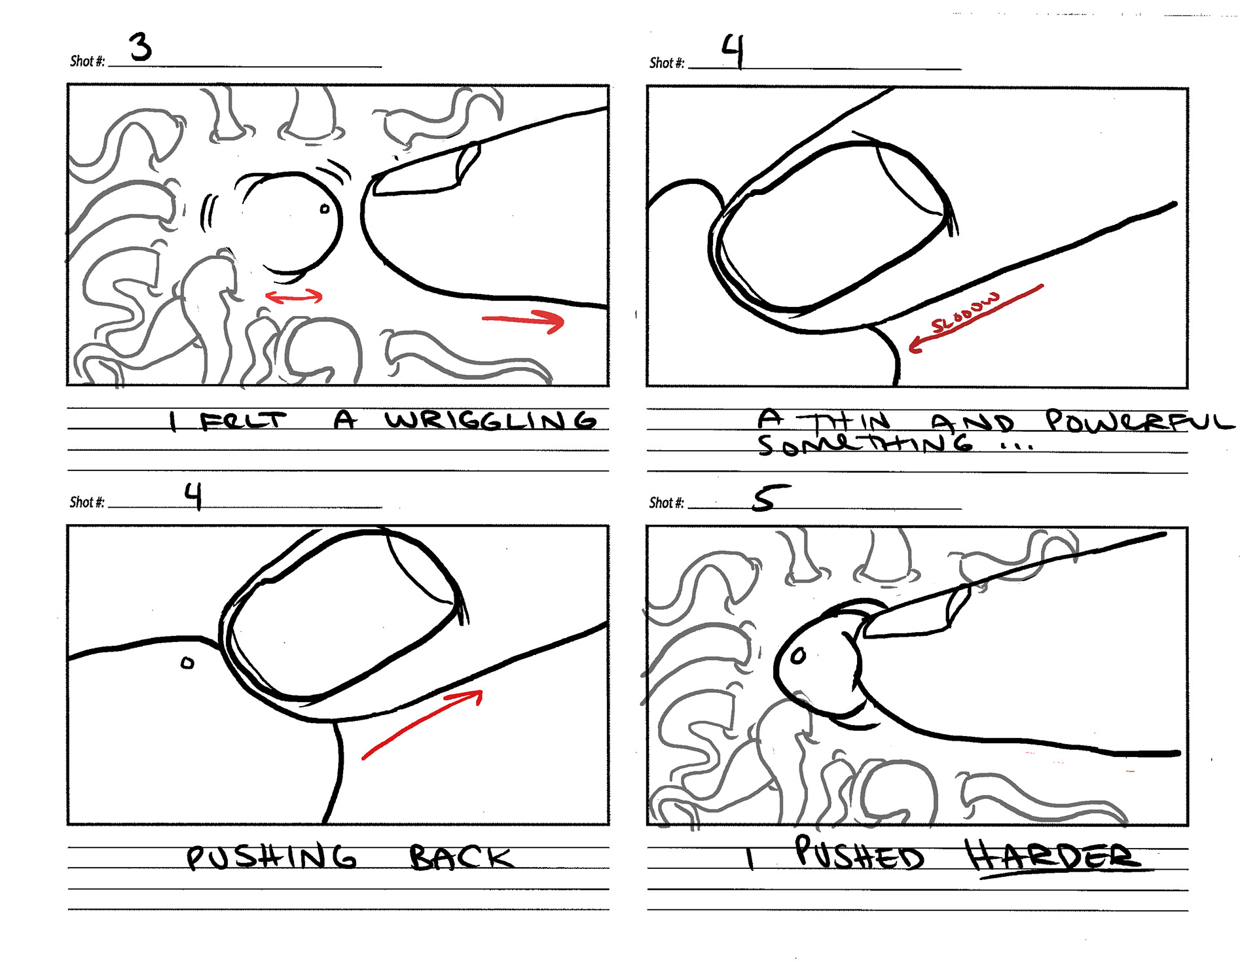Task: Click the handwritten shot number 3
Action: point(140,47)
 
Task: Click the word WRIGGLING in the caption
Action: point(490,420)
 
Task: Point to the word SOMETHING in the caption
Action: point(865,444)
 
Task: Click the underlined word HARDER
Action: point(1053,856)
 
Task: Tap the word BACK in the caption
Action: point(461,857)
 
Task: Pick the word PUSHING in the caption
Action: point(272,858)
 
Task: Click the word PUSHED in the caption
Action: point(859,853)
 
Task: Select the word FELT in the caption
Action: point(243,421)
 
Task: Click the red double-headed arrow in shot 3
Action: point(294,297)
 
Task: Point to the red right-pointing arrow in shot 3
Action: point(523,320)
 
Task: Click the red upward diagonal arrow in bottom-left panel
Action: point(422,723)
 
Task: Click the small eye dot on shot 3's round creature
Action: point(325,209)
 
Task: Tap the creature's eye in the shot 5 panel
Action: point(798,656)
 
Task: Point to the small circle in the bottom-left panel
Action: point(188,663)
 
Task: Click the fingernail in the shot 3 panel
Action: point(426,171)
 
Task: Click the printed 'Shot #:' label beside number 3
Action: point(87,61)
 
